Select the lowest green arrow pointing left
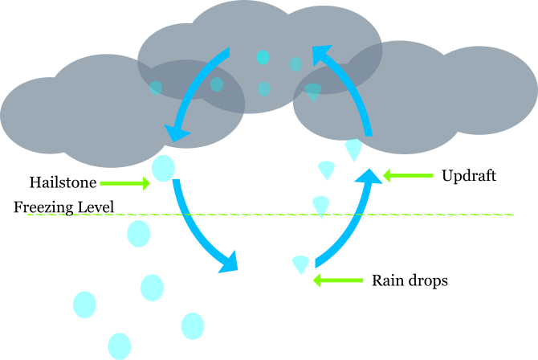(338, 280)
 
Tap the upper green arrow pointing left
(408, 175)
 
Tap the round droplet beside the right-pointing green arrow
(163, 169)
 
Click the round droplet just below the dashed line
(139, 234)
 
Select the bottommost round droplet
(119, 346)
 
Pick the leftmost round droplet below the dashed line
(84, 305)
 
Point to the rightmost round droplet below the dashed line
(193, 326)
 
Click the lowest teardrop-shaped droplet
(301, 264)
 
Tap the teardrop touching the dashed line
(321, 206)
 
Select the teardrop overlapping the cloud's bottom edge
(353, 149)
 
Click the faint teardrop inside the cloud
(313, 92)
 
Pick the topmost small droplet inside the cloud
(263, 57)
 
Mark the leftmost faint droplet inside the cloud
(156, 88)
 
